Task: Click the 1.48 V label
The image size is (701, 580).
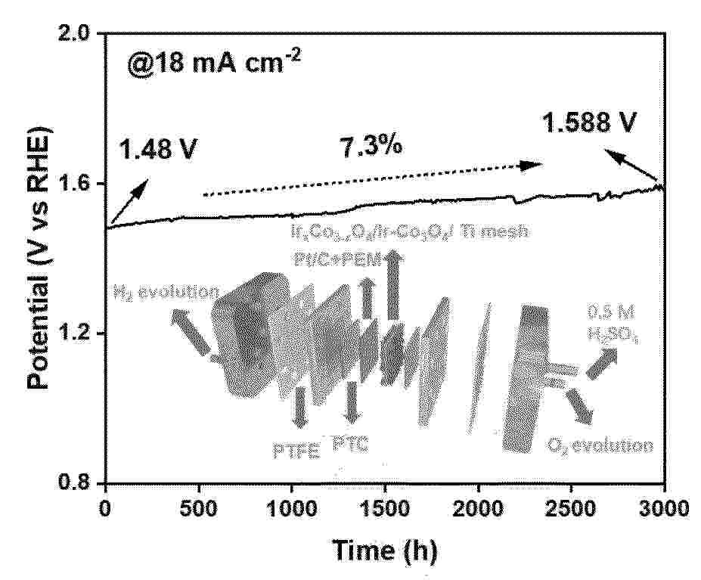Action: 158,150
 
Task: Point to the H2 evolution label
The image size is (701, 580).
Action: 165,290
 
